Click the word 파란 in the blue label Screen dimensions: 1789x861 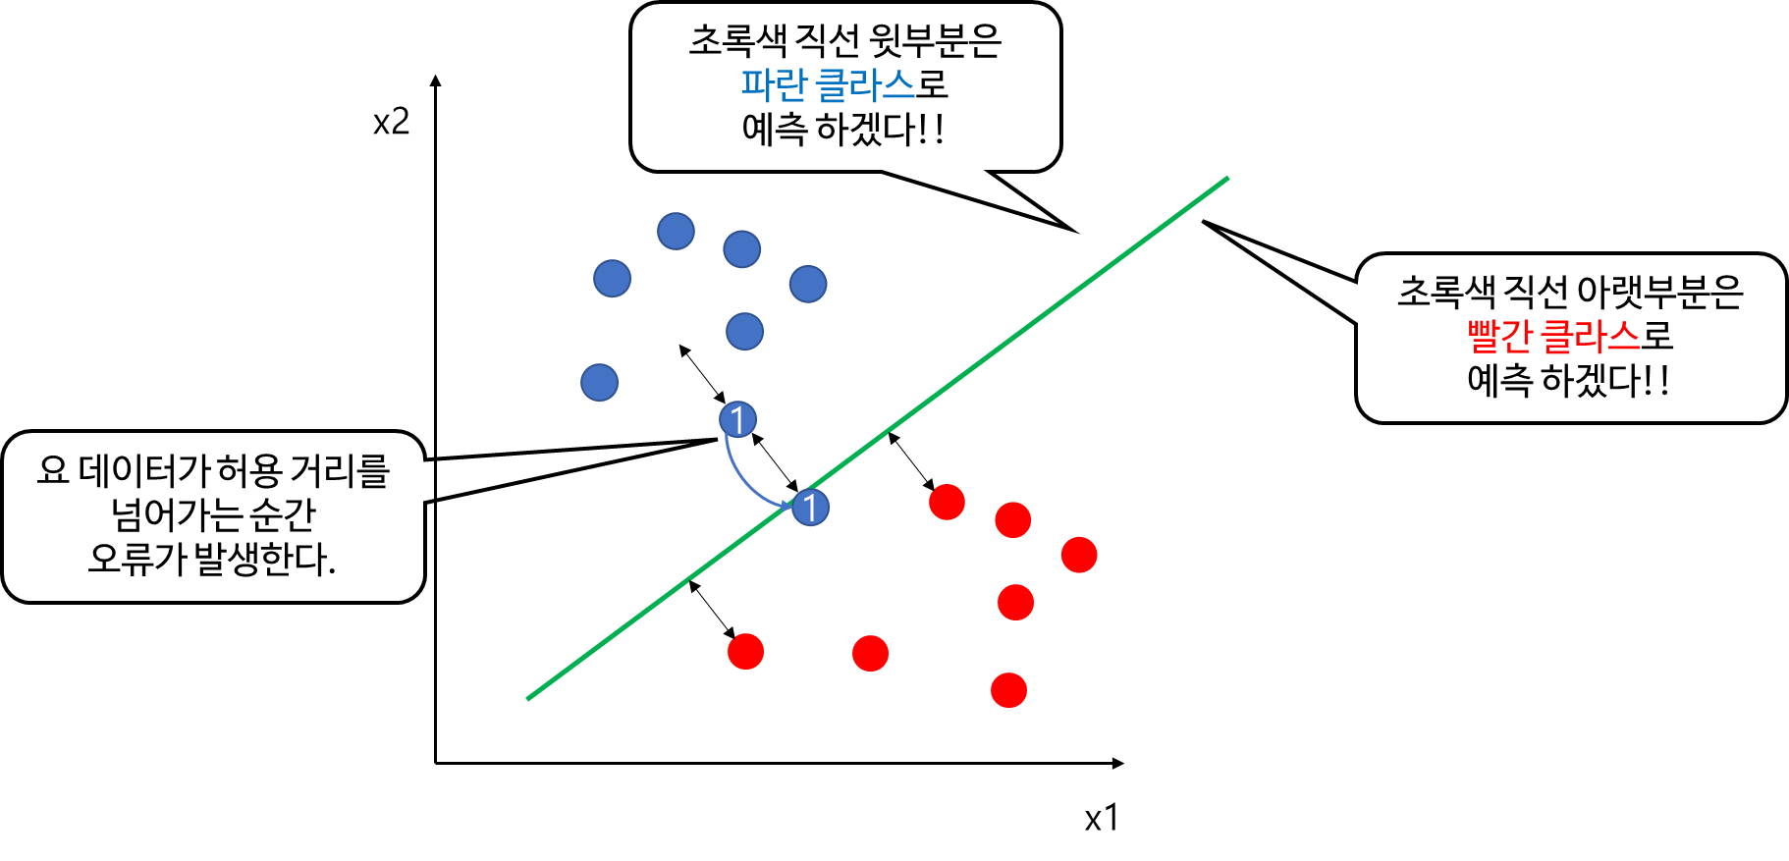[x=773, y=85]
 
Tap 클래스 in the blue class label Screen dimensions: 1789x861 [x=866, y=85]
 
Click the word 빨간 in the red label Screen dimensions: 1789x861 [x=1499, y=337]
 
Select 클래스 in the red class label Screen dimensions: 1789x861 [x=1591, y=337]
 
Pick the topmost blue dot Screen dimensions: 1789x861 [x=676, y=232]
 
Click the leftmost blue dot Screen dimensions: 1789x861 [x=599, y=382]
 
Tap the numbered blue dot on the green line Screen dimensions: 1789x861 [x=810, y=508]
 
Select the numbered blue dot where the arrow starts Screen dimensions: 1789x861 [x=737, y=419]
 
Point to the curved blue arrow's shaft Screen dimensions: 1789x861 [x=739, y=475]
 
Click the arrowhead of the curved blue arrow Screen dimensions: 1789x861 [x=786, y=506]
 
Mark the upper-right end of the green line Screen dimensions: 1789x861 [x=1226, y=180]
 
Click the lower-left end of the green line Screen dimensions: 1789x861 [x=530, y=697]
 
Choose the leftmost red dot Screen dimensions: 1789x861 [x=745, y=651]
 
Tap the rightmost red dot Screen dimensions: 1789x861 [x=1078, y=555]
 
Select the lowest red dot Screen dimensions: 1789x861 [x=1008, y=690]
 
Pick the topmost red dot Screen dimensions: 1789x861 [x=947, y=502]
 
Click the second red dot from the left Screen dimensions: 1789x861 [x=870, y=653]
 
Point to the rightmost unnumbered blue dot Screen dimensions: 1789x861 [x=808, y=284]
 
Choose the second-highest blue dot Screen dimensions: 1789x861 [x=741, y=249]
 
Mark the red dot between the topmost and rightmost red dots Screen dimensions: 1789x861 [x=1012, y=519]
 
